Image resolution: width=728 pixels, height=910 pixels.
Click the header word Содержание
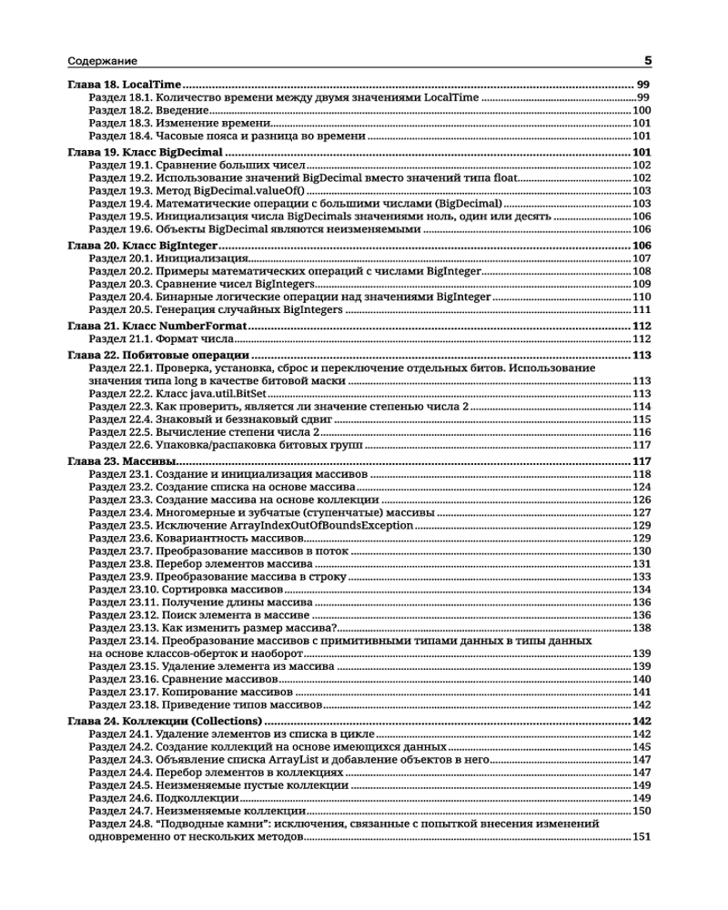point(103,62)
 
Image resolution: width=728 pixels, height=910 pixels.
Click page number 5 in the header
point(648,62)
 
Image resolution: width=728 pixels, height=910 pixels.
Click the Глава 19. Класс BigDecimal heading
point(146,151)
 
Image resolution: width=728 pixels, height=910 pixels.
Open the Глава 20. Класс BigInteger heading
point(142,246)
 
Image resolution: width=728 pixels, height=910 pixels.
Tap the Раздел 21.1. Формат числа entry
point(155,339)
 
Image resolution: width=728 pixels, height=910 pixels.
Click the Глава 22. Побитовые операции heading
point(158,355)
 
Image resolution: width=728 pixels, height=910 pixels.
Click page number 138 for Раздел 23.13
point(641,628)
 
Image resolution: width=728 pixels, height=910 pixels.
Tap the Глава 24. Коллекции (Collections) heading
point(165,721)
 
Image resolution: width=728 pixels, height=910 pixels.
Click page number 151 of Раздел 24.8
point(641,837)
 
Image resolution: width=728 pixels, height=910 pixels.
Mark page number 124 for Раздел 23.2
point(641,487)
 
